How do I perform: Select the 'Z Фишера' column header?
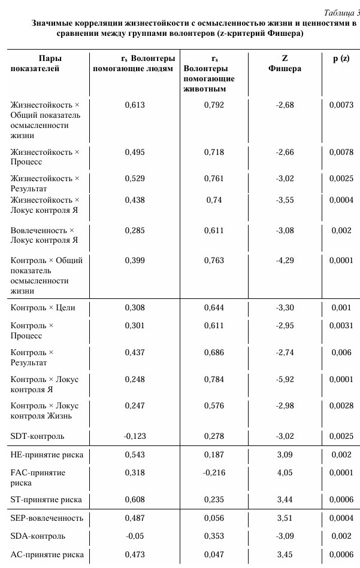pyautogui.click(x=285, y=63)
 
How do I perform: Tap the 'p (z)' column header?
pyautogui.click(x=341, y=59)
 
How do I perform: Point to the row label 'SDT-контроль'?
pyautogui.click(x=38, y=436)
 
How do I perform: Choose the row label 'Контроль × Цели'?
pyautogui.click(x=43, y=308)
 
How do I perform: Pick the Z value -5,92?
pyautogui.click(x=285, y=380)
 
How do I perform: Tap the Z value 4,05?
pyautogui.click(x=285, y=473)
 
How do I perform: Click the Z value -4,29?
pyautogui.click(x=285, y=261)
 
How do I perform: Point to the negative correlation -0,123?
pyautogui.click(x=134, y=436)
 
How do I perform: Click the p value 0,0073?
pyautogui.click(x=341, y=105)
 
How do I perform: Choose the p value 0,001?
pyautogui.click(x=341, y=308)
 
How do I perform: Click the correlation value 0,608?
pyautogui.click(x=135, y=499)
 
